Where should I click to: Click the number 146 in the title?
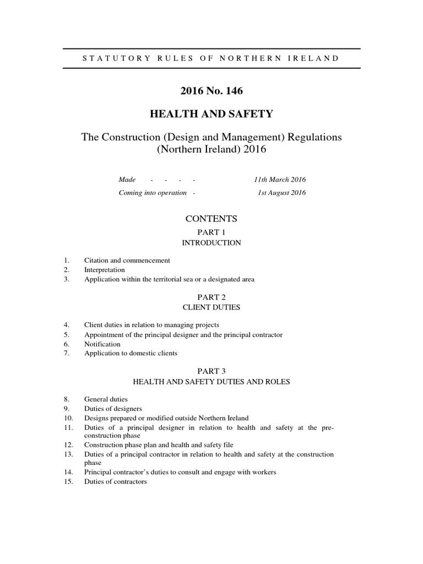coord(232,91)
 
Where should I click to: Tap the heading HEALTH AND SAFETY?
coord(212,114)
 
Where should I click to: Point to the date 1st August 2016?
coord(282,193)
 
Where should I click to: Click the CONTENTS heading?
coord(212,219)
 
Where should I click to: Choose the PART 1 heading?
coord(212,232)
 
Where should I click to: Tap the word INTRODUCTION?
coord(212,242)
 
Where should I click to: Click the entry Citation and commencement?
coord(127,261)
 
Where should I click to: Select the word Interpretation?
coord(104,270)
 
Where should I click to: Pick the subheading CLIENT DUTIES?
coord(212,307)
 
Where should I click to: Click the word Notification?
coord(102,344)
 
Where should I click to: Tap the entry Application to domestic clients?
coord(131,353)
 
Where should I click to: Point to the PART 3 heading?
coord(212,371)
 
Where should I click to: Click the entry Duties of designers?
coord(113,409)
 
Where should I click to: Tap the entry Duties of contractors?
coord(115,482)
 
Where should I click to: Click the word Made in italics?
coord(127,180)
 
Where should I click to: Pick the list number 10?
coord(68,418)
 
